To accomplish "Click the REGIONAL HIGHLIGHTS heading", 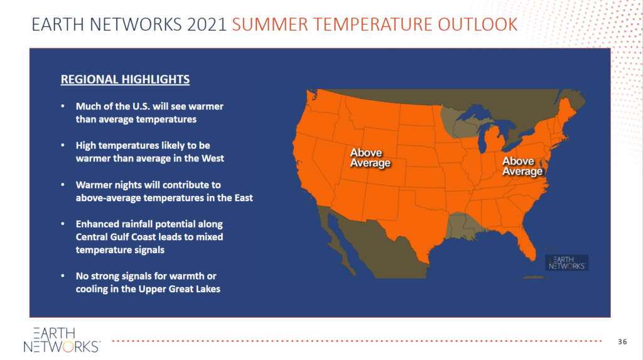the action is point(125,79).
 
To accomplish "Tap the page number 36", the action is point(622,342).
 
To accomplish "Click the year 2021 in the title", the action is point(207,25).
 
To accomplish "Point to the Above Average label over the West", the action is point(370,158).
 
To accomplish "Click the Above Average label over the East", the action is point(522,166).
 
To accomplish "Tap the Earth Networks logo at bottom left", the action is point(62,340).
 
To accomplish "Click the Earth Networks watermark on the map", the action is point(567,263).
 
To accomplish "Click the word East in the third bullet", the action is point(244,198).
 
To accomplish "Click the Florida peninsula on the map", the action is point(527,244).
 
